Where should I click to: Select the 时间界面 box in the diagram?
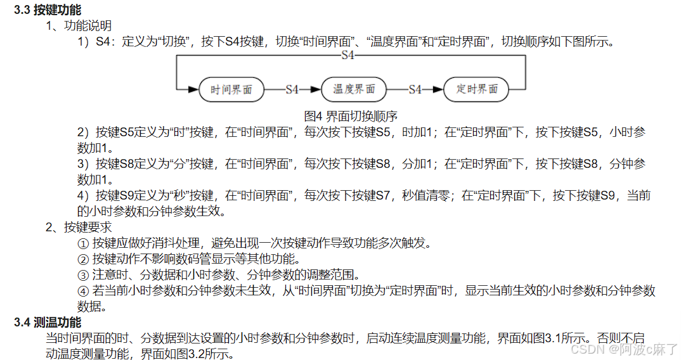pyautogui.click(x=231, y=90)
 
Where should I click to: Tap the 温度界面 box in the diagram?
pyautogui.click(x=354, y=89)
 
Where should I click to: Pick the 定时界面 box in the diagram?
pyautogui.click(x=477, y=89)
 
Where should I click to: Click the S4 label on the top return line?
pyautogui.click(x=347, y=56)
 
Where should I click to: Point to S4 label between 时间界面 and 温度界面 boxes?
pyautogui.click(x=292, y=90)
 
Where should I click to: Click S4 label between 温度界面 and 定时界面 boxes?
pyautogui.click(x=415, y=90)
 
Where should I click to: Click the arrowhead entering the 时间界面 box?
pyautogui.click(x=193, y=90)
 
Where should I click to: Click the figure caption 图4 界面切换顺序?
pyautogui.click(x=351, y=116)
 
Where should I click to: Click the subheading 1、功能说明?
pyautogui.click(x=79, y=26)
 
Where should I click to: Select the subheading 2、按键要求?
pyautogui.click(x=79, y=227)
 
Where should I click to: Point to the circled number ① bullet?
pyautogui.click(x=82, y=243)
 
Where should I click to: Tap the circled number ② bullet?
pyautogui.click(x=82, y=259)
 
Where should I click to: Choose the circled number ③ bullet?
pyautogui.click(x=82, y=274)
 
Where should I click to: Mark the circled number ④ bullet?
pyautogui.click(x=82, y=290)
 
